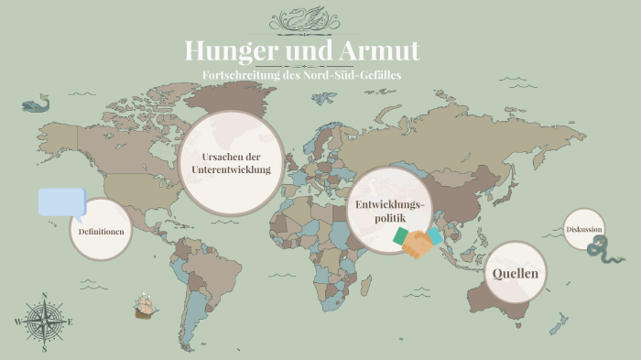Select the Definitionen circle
tap(101, 232)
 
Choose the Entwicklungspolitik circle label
tap(388, 210)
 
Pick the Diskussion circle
tap(584, 229)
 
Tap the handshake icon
tap(418, 242)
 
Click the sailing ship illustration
tap(145, 305)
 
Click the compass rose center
tap(43, 322)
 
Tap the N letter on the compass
tap(43, 296)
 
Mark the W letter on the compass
tap(17, 322)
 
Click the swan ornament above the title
tap(320, 19)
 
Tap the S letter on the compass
tap(43, 349)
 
